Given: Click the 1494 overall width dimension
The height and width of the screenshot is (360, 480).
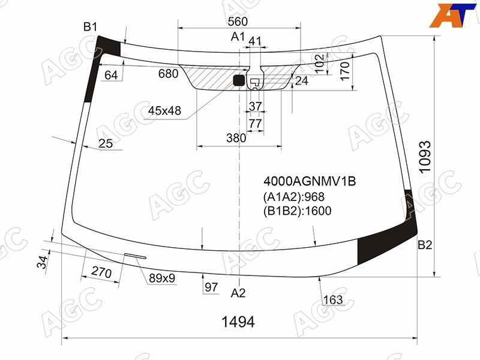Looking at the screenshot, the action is tap(238, 322).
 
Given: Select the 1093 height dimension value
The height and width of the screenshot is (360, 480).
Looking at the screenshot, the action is tap(425, 157).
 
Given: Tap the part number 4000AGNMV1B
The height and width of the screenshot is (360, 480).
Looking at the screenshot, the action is tap(310, 182).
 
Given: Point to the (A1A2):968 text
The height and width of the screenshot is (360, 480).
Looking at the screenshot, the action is tap(293, 197).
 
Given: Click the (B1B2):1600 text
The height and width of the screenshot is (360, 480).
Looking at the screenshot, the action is tap(297, 211).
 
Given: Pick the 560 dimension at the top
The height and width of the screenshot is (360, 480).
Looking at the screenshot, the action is tap(238, 22).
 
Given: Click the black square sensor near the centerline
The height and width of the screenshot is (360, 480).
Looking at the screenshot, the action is tap(239, 80).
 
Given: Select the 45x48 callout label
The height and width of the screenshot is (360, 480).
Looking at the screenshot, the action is tap(164, 110).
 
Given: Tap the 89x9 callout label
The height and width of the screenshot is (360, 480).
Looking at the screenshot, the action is tap(162, 278).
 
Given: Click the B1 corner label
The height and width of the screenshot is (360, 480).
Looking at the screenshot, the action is tap(91, 27).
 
